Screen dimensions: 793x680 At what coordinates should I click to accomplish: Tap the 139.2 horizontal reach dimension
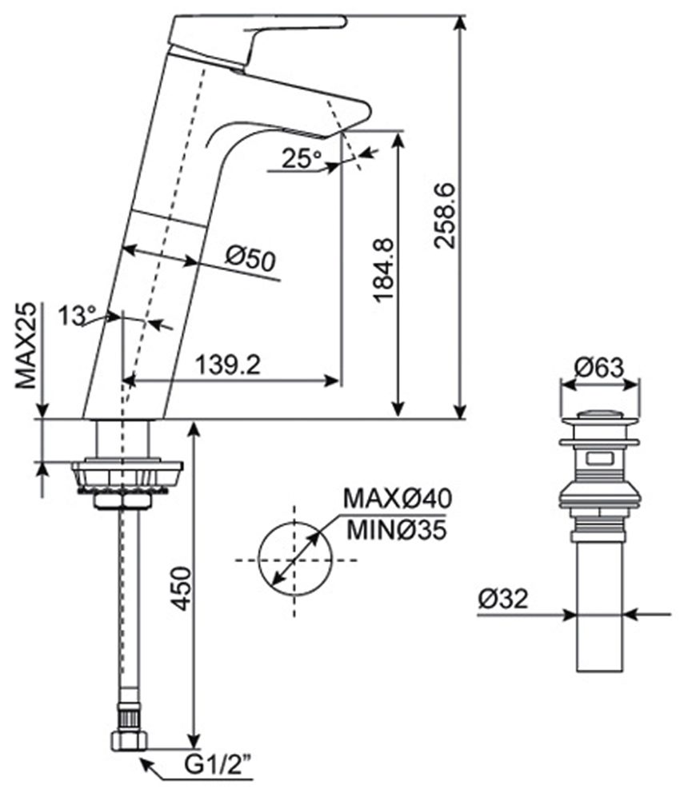(228, 365)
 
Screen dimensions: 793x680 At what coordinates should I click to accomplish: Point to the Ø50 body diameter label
(250, 259)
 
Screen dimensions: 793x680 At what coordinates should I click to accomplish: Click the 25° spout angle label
(299, 159)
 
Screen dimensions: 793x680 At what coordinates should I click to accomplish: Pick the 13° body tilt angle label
(76, 315)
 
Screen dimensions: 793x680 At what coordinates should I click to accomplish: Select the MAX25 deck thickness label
(28, 345)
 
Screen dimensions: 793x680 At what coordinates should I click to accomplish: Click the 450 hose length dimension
(181, 590)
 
